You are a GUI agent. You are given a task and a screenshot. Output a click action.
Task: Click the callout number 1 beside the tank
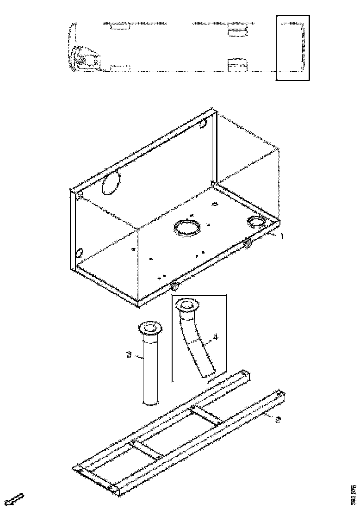coord(281,236)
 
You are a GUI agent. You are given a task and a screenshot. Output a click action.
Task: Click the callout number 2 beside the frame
coord(277,420)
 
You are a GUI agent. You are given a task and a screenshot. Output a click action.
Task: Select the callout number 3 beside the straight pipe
coord(129,355)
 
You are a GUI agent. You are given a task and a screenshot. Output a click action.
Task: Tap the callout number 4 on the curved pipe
coord(216,337)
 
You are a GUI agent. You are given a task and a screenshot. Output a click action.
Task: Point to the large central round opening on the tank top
coord(187,227)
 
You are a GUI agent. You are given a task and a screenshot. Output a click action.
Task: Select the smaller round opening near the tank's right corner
coord(255,222)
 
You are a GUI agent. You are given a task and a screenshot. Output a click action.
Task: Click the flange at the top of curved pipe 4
coord(187,304)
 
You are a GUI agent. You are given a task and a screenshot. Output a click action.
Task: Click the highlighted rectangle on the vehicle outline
coord(292,48)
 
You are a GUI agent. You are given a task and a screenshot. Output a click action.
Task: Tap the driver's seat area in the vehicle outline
coord(86,59)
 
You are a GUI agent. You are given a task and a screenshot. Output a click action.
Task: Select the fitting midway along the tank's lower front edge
coord(174,285)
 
